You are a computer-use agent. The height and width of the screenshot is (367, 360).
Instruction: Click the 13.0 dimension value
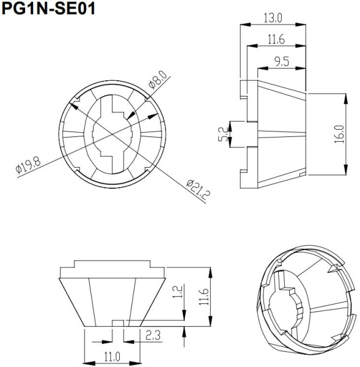(273, 18)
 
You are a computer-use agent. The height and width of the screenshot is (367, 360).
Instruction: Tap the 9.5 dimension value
(282, 61)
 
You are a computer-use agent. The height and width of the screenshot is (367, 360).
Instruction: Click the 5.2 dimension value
(224, 135)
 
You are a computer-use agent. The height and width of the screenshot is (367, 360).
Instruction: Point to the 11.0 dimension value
(112, 356)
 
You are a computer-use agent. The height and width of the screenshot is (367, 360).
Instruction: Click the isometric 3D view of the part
(305, 300)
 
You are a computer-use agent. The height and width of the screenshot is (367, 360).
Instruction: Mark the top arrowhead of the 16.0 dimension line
(347, 96)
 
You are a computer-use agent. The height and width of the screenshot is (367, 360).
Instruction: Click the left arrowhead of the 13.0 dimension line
(243, 24)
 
